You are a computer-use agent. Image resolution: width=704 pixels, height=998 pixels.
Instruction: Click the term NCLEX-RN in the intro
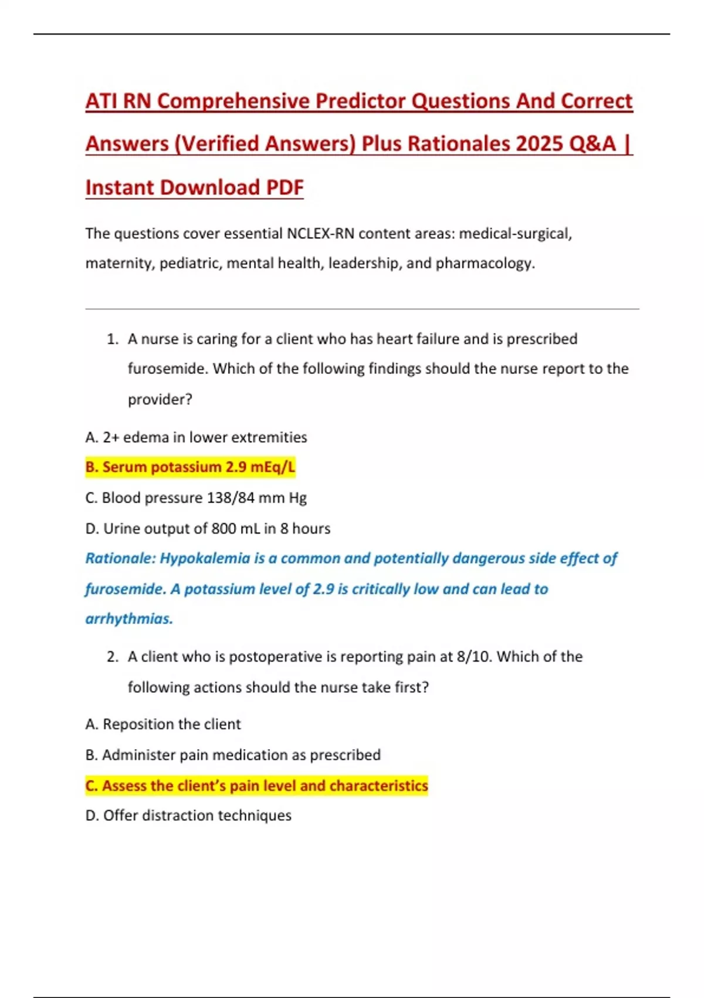[x=320, y=234]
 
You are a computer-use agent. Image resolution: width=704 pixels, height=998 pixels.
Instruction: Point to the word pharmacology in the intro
[x=484, y=263]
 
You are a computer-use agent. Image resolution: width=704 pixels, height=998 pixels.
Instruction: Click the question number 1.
[x=113, y=339]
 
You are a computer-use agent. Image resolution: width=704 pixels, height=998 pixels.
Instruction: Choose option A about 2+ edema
[x=196, y=437]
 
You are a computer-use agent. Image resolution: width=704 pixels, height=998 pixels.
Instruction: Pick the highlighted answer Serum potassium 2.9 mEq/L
[x=190, y=467]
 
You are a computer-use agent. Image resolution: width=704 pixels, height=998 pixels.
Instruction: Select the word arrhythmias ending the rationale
[x=129, y=619]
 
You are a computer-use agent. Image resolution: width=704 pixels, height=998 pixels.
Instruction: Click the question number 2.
[x=113, y=657]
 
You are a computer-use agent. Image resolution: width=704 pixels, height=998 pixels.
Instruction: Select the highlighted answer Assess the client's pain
[x=256, y=785]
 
